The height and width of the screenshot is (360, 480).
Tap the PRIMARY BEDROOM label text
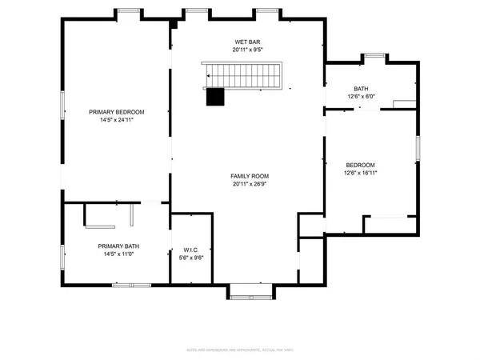117,112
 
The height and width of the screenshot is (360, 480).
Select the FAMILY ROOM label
250,176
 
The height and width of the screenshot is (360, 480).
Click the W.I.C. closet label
191,249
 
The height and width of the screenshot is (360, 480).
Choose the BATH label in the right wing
361,89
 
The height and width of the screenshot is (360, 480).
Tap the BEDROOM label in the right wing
360,164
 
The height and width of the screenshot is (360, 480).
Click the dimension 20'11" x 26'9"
250,185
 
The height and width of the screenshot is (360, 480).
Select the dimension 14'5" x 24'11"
117,121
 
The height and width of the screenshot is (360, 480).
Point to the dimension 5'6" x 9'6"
191,258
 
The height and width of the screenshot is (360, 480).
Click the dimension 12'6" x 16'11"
360,172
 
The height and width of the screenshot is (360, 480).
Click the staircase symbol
243,77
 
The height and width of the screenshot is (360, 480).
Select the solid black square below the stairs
214,96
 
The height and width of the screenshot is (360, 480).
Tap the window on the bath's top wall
373,55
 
